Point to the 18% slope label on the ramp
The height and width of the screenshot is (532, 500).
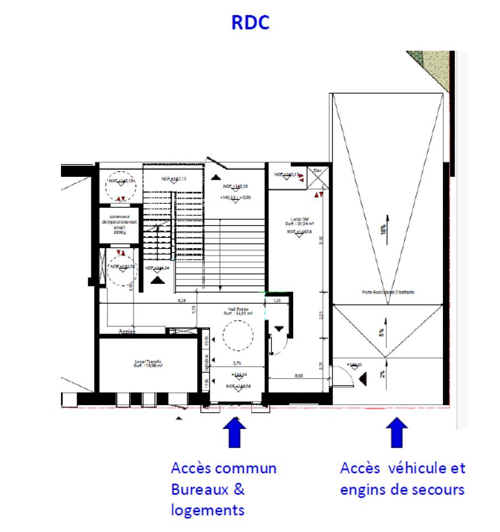coord(383,231)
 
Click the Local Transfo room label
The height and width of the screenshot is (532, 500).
coord(147,364)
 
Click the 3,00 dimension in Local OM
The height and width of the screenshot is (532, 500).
coord(298,376)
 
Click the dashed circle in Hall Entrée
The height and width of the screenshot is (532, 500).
coord(237,336)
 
